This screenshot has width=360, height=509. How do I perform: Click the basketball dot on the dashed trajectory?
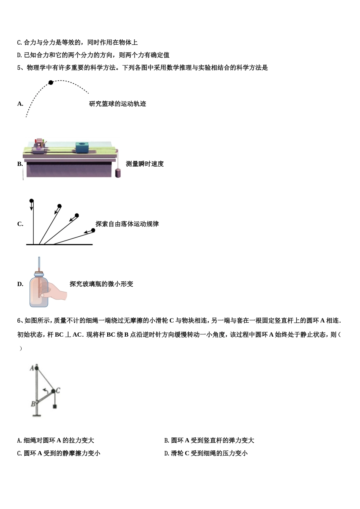[51, 82]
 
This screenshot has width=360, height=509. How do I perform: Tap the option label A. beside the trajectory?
[20, 104]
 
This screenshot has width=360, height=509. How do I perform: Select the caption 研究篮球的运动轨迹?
[117, 104]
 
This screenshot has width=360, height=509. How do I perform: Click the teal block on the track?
[81, 147]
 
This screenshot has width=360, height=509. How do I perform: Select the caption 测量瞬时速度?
[145, 164]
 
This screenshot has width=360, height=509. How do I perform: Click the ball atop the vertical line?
[31, 201]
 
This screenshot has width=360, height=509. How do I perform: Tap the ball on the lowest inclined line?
[92, 230]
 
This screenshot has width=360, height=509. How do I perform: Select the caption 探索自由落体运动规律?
[127, 224]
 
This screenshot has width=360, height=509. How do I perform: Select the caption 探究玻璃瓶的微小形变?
[102, 284]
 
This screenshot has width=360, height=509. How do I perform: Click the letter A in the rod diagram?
[32, 367]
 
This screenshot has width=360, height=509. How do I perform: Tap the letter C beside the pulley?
[58, 390]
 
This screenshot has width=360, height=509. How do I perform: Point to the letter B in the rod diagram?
[33, 404]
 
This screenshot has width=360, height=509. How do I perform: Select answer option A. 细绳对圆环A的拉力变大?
[56, 440]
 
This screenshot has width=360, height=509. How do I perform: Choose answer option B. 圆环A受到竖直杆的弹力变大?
[209, 440]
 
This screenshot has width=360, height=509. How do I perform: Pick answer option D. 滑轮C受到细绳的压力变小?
[206, 453]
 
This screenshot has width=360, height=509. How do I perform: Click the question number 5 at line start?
[19, 68]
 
